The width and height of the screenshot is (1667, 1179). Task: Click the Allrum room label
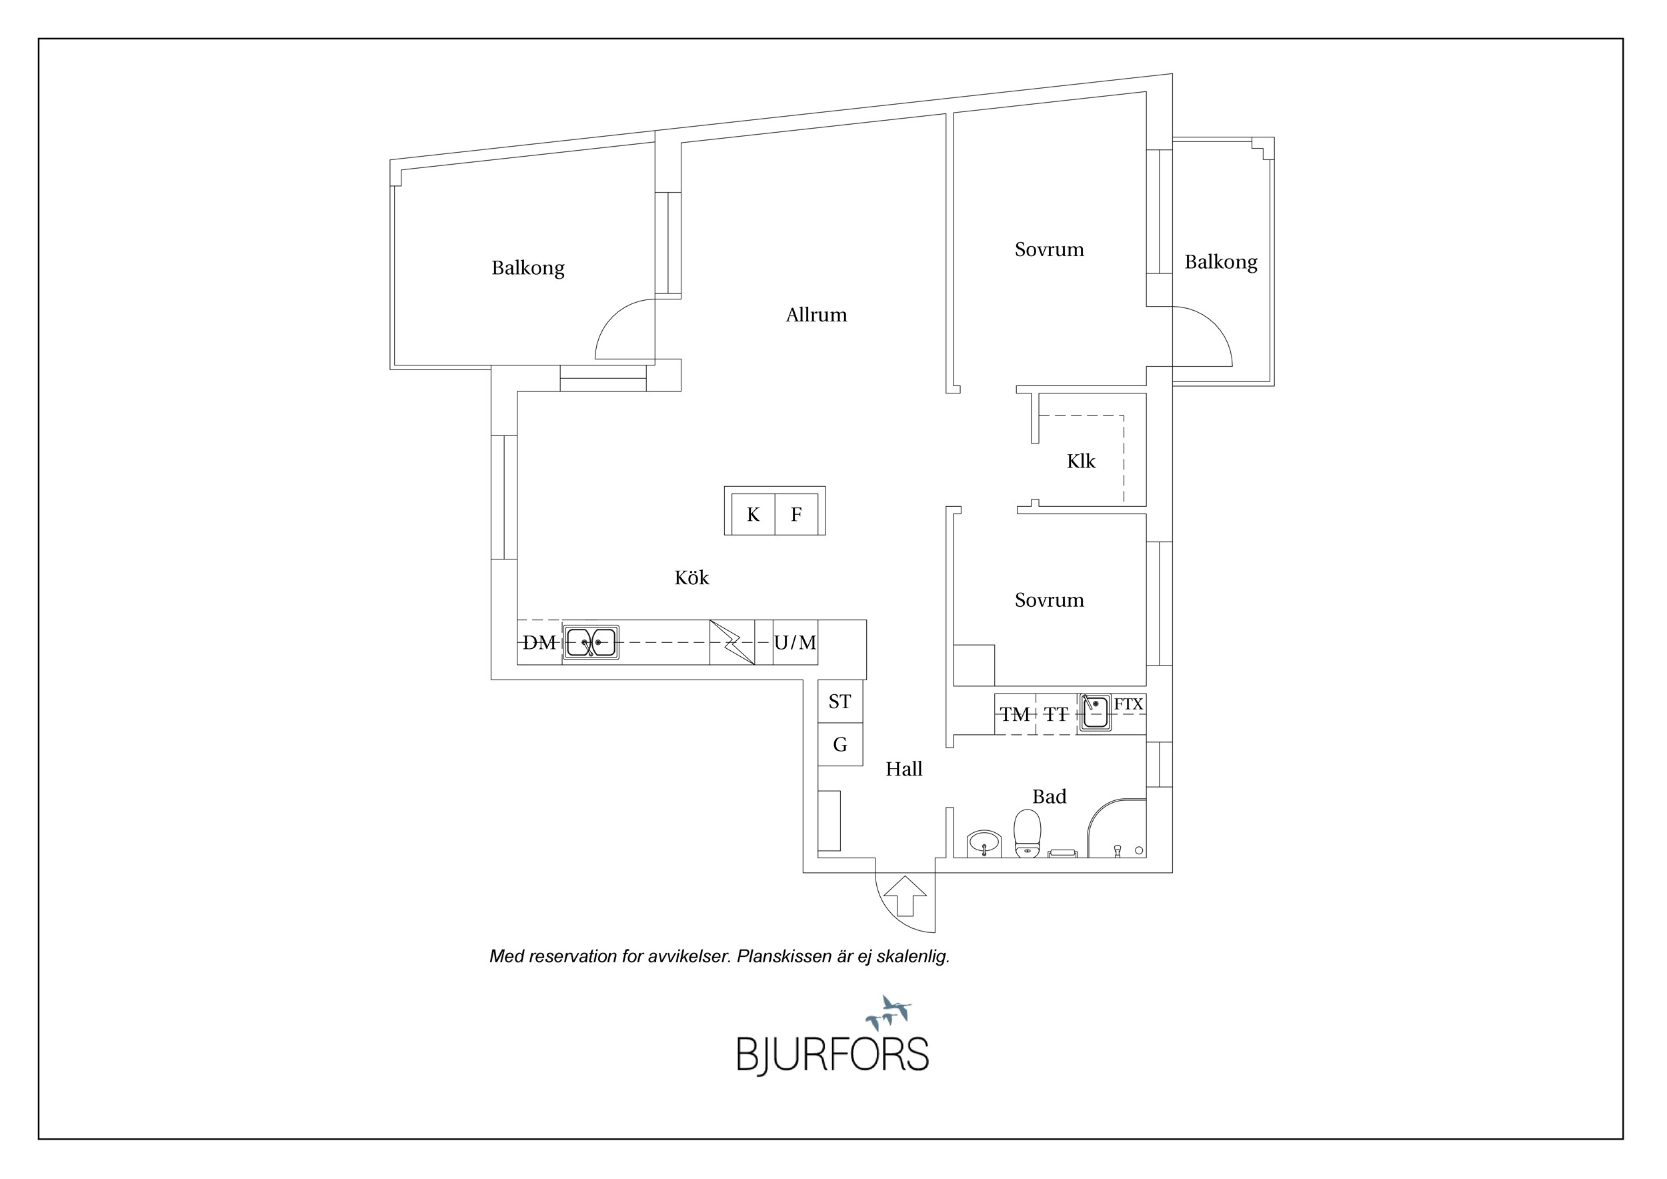click(x=816, y=315)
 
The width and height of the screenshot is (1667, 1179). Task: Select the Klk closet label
click(x=1080, y=461)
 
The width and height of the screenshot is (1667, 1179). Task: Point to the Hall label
click(x=904, y=769)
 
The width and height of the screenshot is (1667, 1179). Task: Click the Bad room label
click(x=1049, y=796)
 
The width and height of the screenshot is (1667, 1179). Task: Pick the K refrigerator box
click(x=753, y=514)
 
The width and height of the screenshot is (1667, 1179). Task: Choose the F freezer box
click(x=796, y=514)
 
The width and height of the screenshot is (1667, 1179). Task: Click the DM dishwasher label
click(x=539, y=642)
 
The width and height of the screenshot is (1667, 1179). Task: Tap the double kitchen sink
click(x=591, y=642)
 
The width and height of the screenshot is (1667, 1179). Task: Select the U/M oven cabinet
click(x=795, y=642)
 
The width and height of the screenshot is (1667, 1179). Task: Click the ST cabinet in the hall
click(x=840, y=702)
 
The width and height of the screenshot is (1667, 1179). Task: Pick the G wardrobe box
click(x=840, y=744)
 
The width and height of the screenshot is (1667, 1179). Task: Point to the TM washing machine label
click(x=1014, y=715)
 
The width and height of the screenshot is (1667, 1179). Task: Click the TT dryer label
click(x=1056, y=715)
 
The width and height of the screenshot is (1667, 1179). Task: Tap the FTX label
click(x=1128, y=704)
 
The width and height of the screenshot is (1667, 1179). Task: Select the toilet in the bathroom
click(x=1027, y=834)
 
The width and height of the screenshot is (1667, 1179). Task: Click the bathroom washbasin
click(x=984, y=844)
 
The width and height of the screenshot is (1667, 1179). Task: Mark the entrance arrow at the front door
click(x=906, y=896)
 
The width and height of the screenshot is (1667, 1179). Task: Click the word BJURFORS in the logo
click(x=833, y=1055)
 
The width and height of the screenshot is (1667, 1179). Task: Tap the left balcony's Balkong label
click(x=528, y=268)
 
